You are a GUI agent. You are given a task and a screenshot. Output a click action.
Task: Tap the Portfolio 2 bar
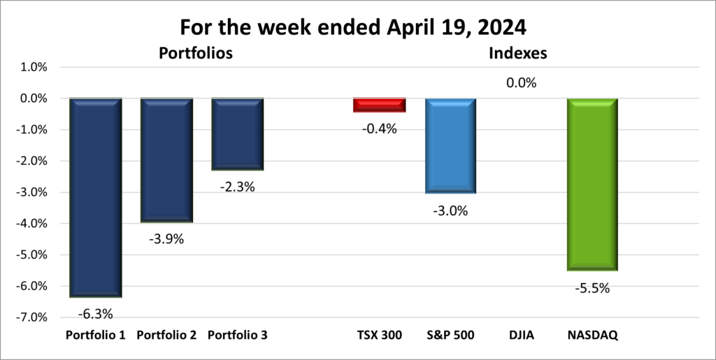click(166, 160)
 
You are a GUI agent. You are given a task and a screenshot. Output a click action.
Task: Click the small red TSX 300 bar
click(380, 105)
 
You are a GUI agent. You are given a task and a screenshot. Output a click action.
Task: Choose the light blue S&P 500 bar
click(451, 145)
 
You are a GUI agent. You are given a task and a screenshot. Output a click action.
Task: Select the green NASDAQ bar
click(592, 184)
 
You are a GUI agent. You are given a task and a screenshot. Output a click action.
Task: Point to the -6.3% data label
click(95, 313)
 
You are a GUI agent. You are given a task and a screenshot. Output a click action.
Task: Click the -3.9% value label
click(166, 239)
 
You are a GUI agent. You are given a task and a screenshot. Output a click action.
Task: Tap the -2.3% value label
click(238, 187)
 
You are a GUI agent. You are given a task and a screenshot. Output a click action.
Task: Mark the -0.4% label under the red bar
click(380, 128)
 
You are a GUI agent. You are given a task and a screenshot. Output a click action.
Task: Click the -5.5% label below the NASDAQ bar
click(592, 288)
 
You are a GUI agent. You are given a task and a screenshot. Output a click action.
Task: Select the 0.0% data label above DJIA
click(521, 83)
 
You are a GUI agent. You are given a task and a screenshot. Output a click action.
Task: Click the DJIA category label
click(521, 336)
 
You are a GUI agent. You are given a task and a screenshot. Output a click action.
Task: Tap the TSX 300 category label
click(380, 336)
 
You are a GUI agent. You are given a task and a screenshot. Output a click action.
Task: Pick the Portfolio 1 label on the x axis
click(95, 336)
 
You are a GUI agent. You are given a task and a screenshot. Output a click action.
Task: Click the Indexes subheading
click(517, 53)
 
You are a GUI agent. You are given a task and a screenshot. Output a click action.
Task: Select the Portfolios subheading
click(195, 53)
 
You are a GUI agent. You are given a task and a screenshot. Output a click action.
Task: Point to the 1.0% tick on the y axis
click(33, 67)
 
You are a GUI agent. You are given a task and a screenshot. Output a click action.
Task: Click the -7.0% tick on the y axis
click(32, 317)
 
